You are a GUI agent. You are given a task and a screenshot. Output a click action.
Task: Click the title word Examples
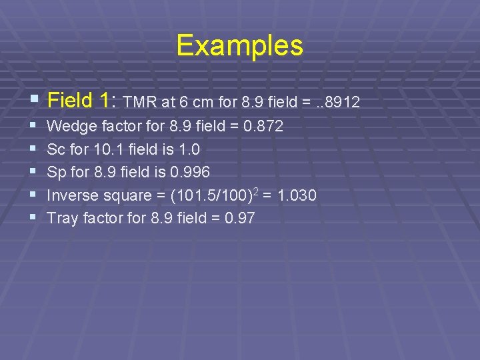tap(239, 46)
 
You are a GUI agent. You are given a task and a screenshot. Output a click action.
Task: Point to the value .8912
tap(341, 102)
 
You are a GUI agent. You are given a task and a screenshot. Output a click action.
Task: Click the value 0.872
tap(264, 126)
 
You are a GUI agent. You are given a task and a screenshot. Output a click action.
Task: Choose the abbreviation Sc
tap(56, 149)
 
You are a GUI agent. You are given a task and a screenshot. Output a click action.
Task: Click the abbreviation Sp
tap(57, 172)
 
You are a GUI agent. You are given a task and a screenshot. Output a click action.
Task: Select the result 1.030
tap(297, 195)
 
